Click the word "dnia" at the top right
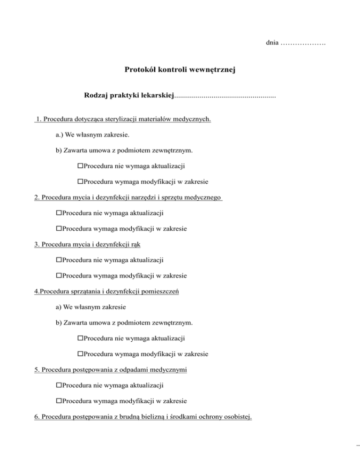click(x=271, y=44)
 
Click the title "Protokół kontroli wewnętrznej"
click(x=180, y=70)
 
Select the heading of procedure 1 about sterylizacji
click(x=123, y=119)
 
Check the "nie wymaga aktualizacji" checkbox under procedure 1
click(x=80, y=166)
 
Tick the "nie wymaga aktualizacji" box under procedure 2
click(x=59, y=213)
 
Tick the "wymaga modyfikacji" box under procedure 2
click(x=59, y=229)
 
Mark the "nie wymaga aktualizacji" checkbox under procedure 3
click(x=59, y=260)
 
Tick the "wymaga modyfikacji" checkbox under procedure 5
click(x=59, y=401)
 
